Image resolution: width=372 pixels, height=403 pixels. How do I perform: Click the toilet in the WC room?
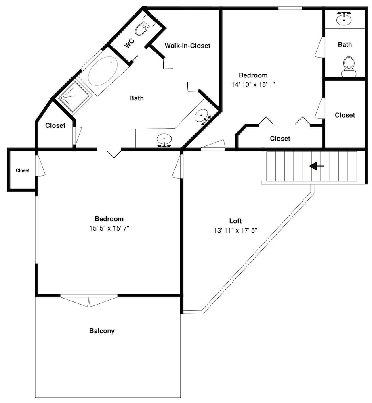[x=145, y=25]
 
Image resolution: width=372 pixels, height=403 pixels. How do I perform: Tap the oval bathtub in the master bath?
[x=103, y=71]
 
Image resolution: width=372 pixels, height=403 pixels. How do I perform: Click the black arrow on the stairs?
[x=316, y=166]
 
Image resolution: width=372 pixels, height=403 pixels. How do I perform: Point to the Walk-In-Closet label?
[x=187, y=46]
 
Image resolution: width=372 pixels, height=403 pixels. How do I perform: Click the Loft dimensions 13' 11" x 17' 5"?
[x=235, y=230]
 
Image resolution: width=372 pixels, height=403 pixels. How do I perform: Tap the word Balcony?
[x=102, y=331]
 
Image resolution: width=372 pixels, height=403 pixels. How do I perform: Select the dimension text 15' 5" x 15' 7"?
[x=109, y=228]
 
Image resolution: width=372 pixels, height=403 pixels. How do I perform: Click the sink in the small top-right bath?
[x=344, y=18]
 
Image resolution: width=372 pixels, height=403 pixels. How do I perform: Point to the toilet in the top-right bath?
[x=349, y=67]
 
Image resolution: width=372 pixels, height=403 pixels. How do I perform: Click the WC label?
[x=129, y=43]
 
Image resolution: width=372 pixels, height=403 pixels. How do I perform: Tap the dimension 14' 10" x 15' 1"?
[x=253, y=84]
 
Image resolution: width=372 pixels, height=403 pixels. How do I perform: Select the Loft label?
[x=235, y=221]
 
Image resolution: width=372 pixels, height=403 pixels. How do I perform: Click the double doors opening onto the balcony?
[x=89, y=301]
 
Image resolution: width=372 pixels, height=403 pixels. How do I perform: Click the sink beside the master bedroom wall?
[x=164, y=140]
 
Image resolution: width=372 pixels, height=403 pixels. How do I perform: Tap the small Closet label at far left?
[x=23, y=170]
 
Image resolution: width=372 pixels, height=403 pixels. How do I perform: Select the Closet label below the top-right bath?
[x=345, y=115]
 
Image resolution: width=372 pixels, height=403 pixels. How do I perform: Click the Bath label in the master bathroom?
[x=137, y=98]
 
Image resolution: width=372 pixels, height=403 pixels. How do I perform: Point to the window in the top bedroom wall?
[x=290, y=8]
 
